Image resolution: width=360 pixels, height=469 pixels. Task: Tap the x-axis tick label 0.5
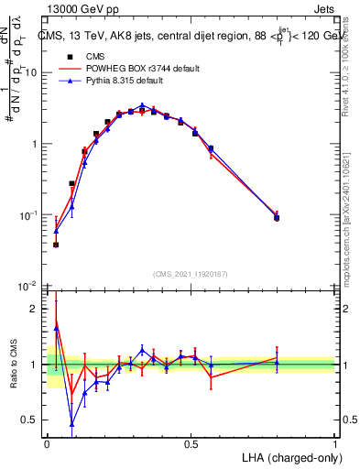[x=191, y=443]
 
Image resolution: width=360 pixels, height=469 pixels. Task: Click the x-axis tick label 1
[x=334, y=443]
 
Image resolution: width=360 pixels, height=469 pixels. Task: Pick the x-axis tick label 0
[x=47, y=443]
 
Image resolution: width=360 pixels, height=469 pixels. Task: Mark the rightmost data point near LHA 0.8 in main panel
[x=277, y=217]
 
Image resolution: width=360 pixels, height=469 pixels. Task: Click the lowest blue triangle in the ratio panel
[x=71, y=423]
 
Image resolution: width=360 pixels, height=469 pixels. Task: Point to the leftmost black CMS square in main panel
[x=56, y=245]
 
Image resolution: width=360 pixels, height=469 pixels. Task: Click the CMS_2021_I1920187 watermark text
[x=191, y=273]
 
